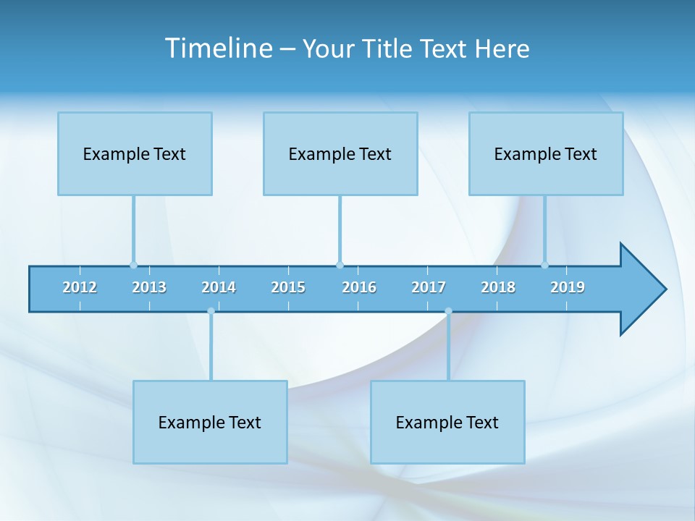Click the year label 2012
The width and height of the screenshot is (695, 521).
[x=80, y=287]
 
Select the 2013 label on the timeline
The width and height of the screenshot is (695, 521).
[x=149, y=287]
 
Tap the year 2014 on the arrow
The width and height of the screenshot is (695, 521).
[x=219, y=287]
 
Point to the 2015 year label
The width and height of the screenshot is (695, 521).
[x=288, y=287]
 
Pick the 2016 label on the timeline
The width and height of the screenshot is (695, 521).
[x=359, y=287]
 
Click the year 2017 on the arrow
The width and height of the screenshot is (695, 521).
[x=429, y=287]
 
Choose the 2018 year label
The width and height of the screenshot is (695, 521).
[x=498, y=287]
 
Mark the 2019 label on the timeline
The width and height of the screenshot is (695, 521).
[x=568, y=287]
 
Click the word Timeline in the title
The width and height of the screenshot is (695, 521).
[x=218, y=48]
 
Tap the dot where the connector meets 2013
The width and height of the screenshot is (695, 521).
[x=133, y=265]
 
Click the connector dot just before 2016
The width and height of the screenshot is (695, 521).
[x=340, y=265]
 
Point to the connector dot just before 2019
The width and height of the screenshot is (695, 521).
[x=544, y=265]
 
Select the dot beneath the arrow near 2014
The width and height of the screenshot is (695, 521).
[x=211, y=311]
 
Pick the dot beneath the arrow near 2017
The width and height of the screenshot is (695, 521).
[x=448, y=311]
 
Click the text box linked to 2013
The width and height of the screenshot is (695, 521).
[x=135, y=153]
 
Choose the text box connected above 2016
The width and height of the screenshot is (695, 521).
[x=340, y=153]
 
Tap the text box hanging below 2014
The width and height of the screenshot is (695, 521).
[x=210, y=422]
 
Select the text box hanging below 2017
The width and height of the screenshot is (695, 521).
[x=447, y=422]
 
